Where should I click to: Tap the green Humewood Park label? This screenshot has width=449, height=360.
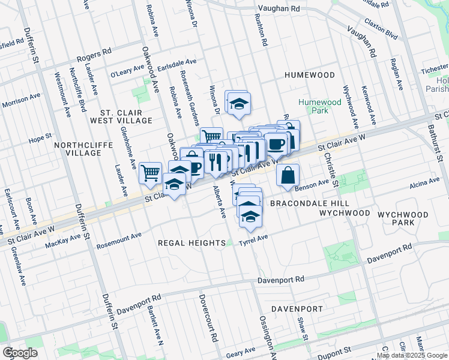pyautogui.click(x=319, y=106)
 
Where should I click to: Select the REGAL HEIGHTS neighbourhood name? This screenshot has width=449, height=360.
pyautogui.click(x=190, y=242)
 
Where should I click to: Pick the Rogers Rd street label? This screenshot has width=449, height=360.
pyautogui.click(x=94, y=56)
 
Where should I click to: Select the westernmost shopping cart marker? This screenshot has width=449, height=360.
pyautogui.click(x=150, y=173)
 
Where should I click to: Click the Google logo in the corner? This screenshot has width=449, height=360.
pyautogui.click(x=20, y=353)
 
